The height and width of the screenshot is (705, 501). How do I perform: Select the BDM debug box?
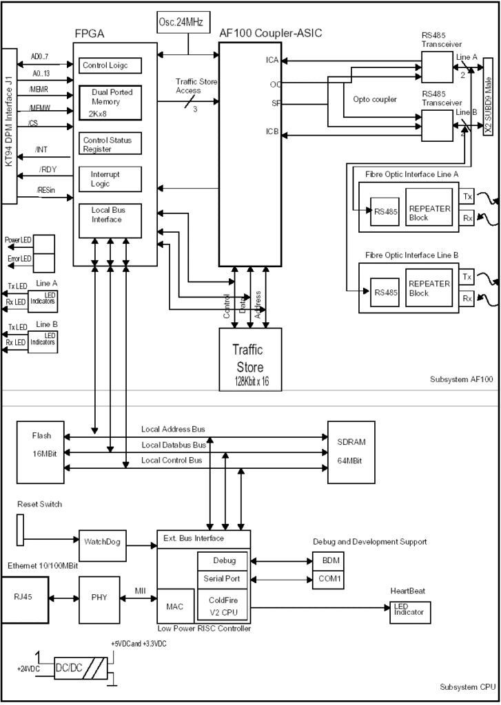click(327, 561)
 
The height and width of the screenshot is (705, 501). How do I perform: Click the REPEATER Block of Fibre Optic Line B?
click(429, 288)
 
